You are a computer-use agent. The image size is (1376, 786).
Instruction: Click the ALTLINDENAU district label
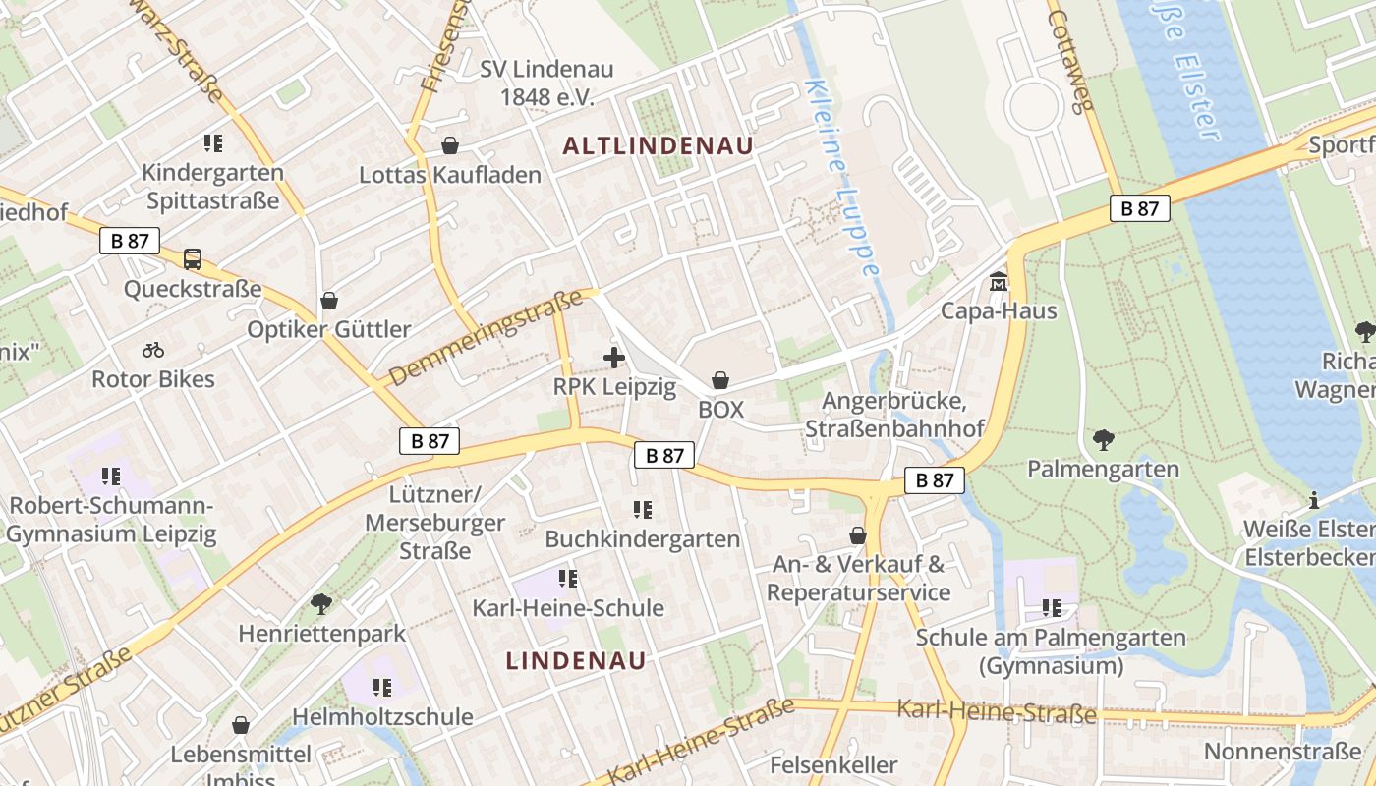tap(658, 146)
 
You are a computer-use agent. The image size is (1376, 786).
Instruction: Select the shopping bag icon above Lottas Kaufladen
tap(450, 145)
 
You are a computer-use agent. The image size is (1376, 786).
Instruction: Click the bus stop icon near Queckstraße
tap(193, 259)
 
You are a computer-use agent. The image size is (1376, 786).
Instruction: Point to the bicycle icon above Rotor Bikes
tap(153, 349)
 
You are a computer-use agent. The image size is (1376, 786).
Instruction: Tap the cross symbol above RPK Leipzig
tap(614, 358)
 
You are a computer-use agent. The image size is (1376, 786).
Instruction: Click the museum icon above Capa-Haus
tap(999, 282)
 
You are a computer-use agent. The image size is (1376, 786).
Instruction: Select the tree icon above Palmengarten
tap(1103, 439)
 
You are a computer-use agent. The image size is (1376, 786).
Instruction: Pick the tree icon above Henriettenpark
tap(320, 602)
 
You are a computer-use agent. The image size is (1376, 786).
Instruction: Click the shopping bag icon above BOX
tap(720, 380)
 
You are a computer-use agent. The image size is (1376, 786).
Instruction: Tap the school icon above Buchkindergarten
tap(643, 510)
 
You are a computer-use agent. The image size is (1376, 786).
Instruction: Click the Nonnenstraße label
tap(1283, 753)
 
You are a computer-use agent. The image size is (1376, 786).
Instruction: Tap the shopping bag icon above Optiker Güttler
tap(329, 300)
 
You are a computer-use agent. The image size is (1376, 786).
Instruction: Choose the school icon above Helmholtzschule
tap(382, 687)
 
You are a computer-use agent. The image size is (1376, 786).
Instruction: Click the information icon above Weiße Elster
tap(1313, 499)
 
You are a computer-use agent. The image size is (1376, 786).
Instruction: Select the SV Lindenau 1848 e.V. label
tap(546, 83)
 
